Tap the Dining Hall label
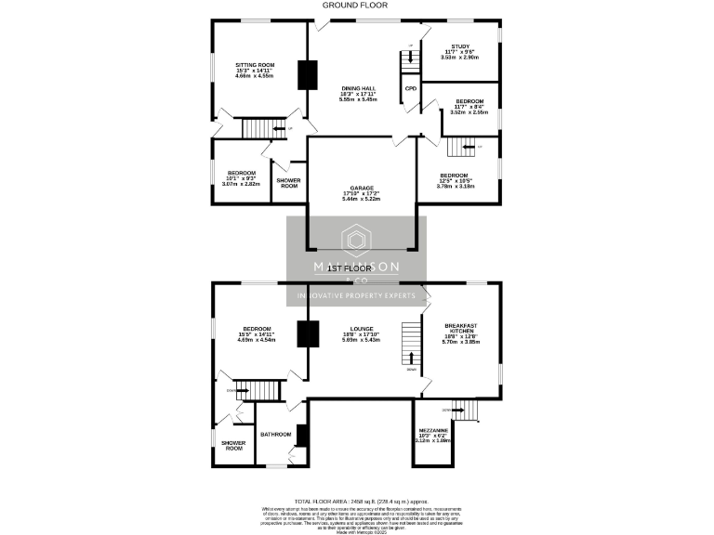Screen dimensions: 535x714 click(357, 92)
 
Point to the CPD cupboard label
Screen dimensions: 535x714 click(410, 89)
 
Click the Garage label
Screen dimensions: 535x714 click(362, 192)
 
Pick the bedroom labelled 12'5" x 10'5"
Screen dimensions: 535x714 click(455, 179)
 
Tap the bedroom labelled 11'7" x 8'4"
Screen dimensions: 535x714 click(469, 104)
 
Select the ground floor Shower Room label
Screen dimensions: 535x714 click(289, 183)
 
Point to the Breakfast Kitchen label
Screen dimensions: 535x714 click(460, 333)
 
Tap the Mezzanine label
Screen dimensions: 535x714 click(434, 435)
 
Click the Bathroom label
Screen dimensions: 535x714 click(276, 434)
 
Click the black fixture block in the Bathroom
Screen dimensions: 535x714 click(300, 434)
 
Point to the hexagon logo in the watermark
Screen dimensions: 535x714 click(357, 241)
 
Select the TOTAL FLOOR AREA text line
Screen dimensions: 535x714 click(357, 501)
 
